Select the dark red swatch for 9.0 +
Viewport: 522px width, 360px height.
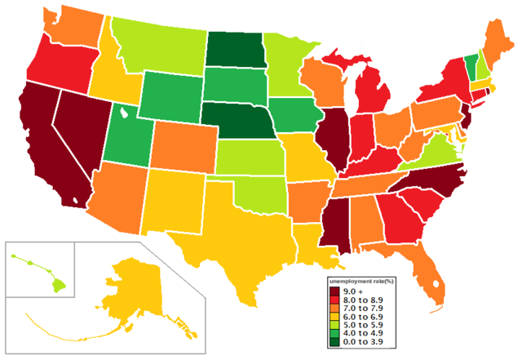334,291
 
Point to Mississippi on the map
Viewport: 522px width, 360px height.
336,216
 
